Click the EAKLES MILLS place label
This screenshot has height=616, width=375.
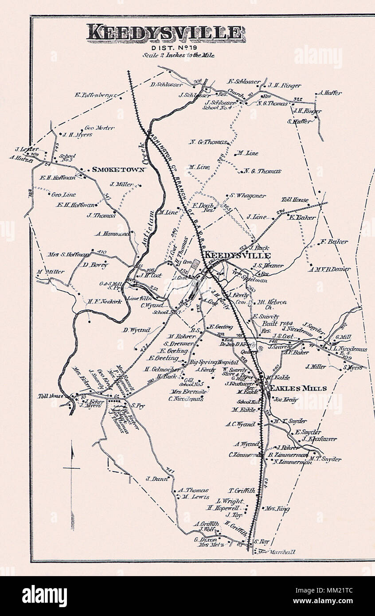click(297, 388)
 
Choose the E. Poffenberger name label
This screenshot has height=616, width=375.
click(96, 94)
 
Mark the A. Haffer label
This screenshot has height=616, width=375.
click(330, 93)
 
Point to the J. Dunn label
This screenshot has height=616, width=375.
click(153, 478)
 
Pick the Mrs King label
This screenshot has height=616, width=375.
click(277, 509)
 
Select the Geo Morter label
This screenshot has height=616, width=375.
click(99, 128)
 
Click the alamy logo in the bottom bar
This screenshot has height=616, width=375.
click(44, 596)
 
